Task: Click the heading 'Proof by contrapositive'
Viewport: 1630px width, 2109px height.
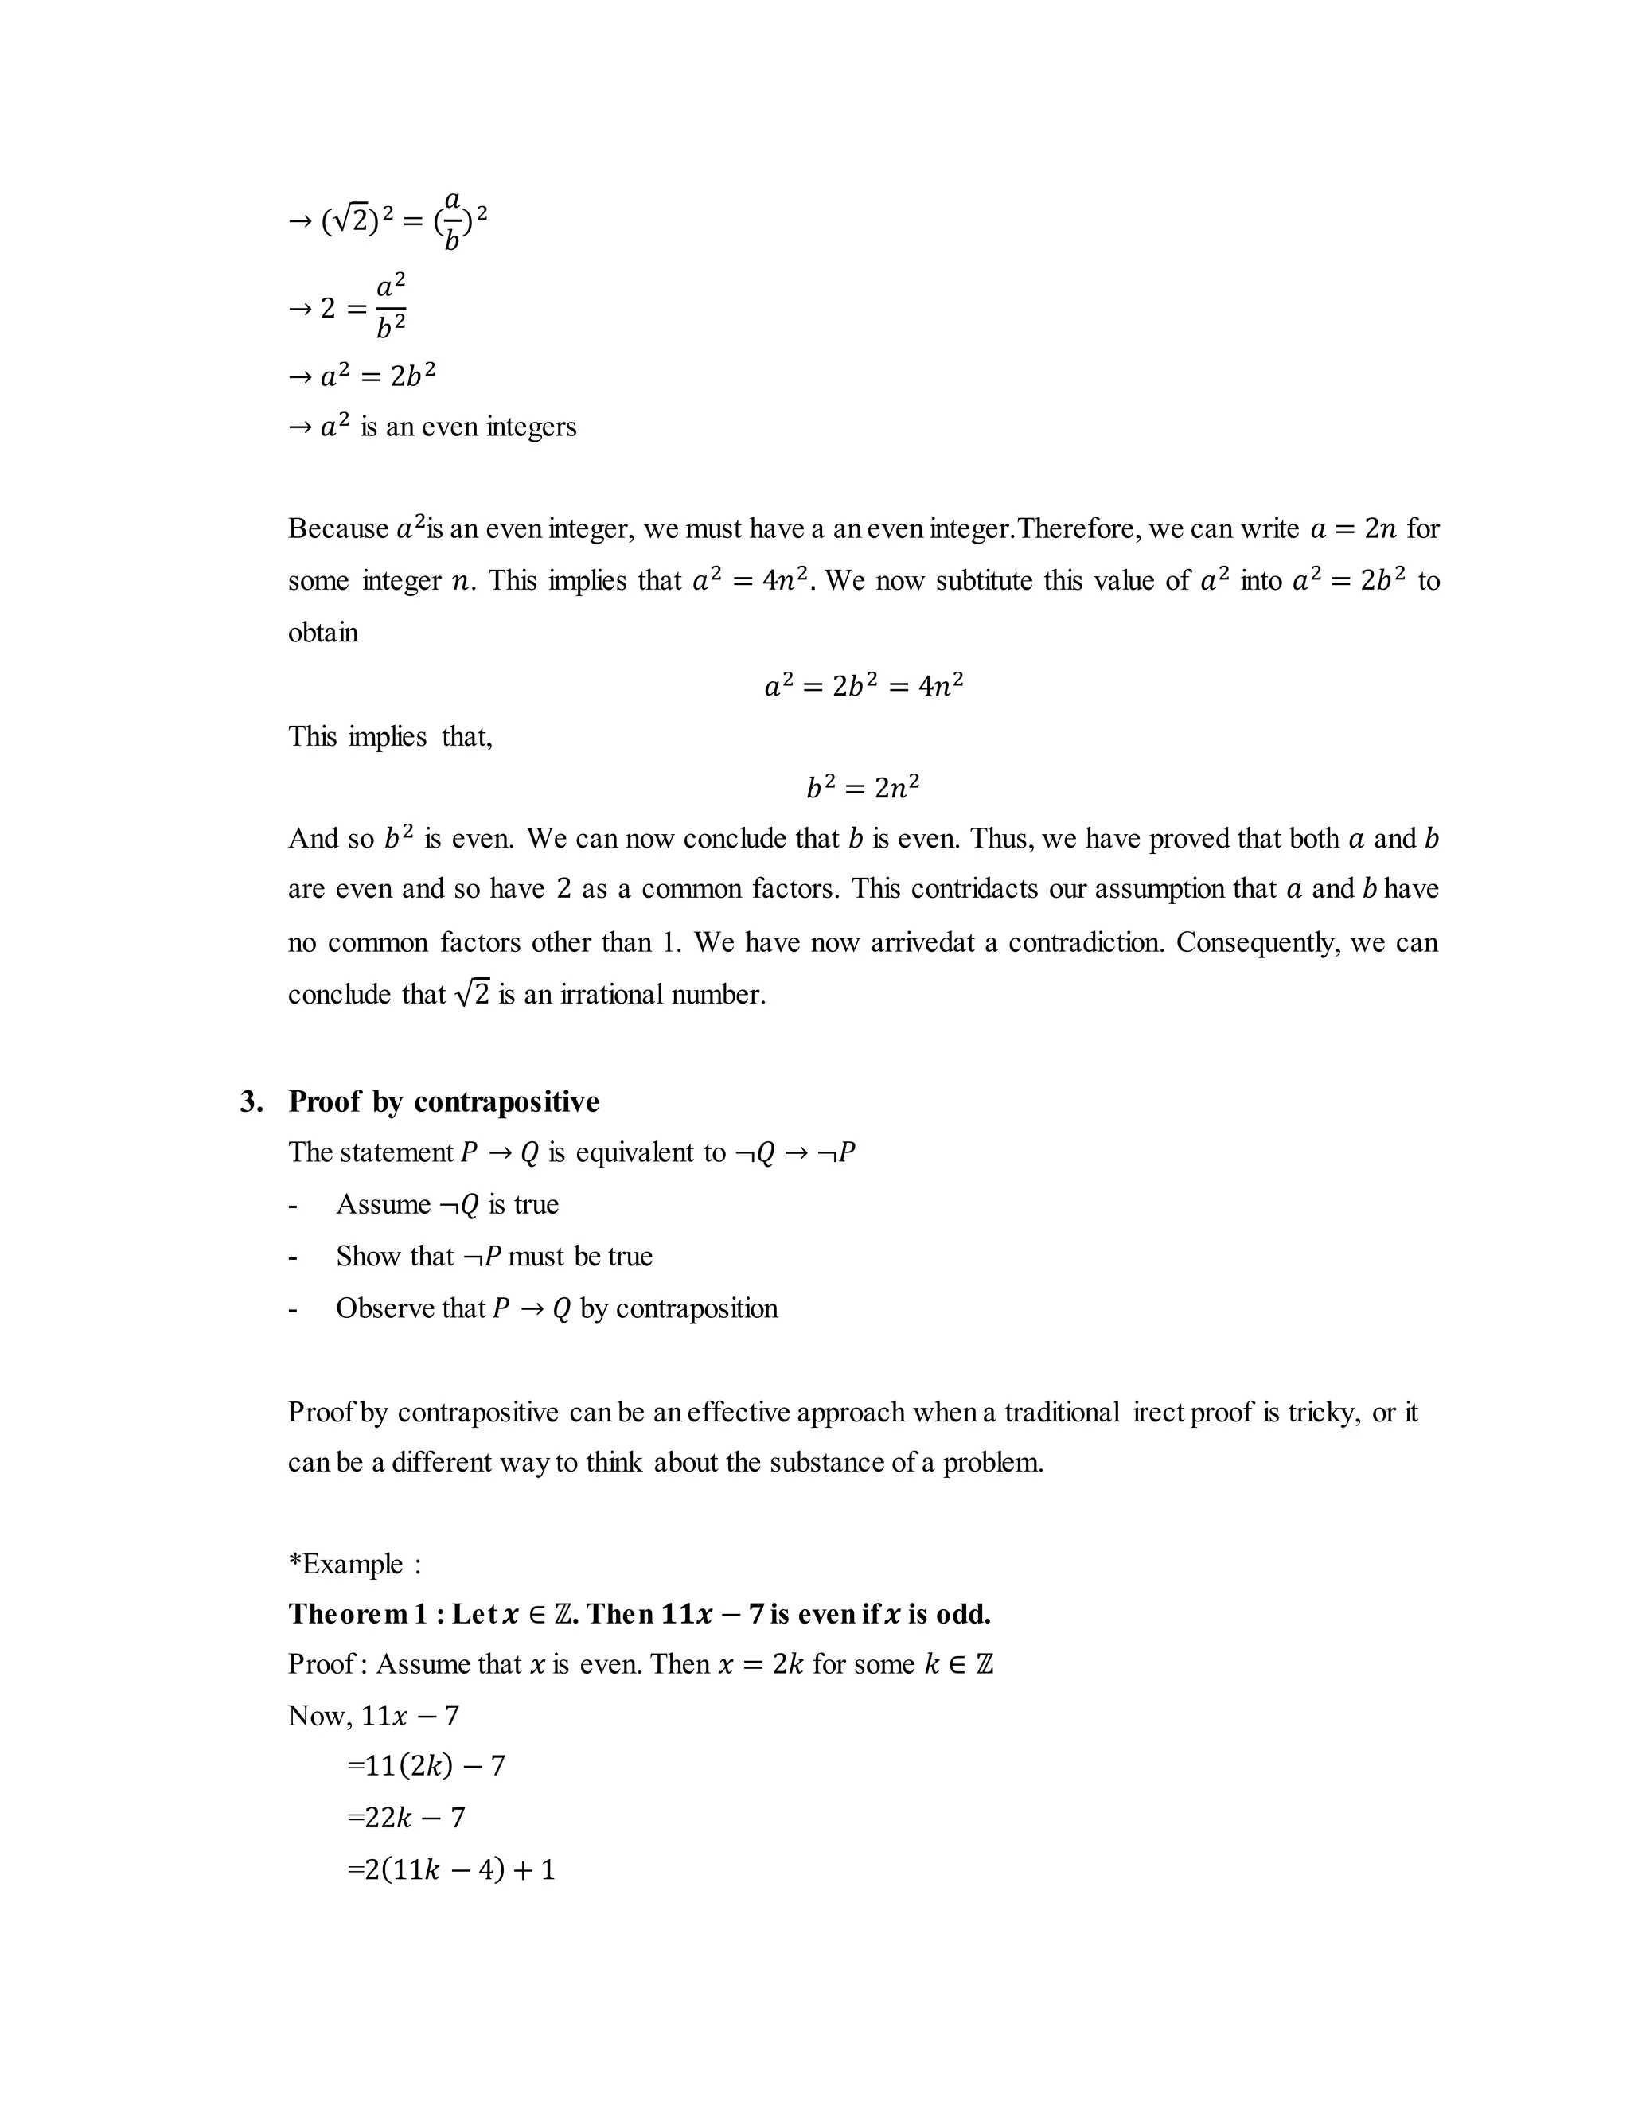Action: pyautogui.click(x=443, y=1101)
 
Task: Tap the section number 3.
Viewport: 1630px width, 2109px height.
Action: pyautogui.click(x=251, y=1101)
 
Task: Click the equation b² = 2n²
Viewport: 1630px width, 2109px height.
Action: pyautogui.click(x=862, y=788)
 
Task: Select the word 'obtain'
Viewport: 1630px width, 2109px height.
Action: pyautogui.click(x=322, y=633)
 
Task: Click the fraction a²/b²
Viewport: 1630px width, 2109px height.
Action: pyautogui.click(x=390, y=306)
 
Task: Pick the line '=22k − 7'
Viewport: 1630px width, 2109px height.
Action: pyautogui.click(x=406, y=1818)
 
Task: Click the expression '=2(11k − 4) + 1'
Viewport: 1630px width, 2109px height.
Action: pyautogui.click(x=450, y=1869)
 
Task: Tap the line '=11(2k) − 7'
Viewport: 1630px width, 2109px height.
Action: pyautogui.click(x=426, y=1765)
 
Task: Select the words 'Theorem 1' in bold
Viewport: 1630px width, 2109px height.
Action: pyautogui.click(x=357, y=1614)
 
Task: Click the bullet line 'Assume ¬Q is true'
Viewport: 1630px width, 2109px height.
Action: pyautogui.click(x=446, y=1204)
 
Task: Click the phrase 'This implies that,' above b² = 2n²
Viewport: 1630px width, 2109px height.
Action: pyautogui.click(x=390, y=737)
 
